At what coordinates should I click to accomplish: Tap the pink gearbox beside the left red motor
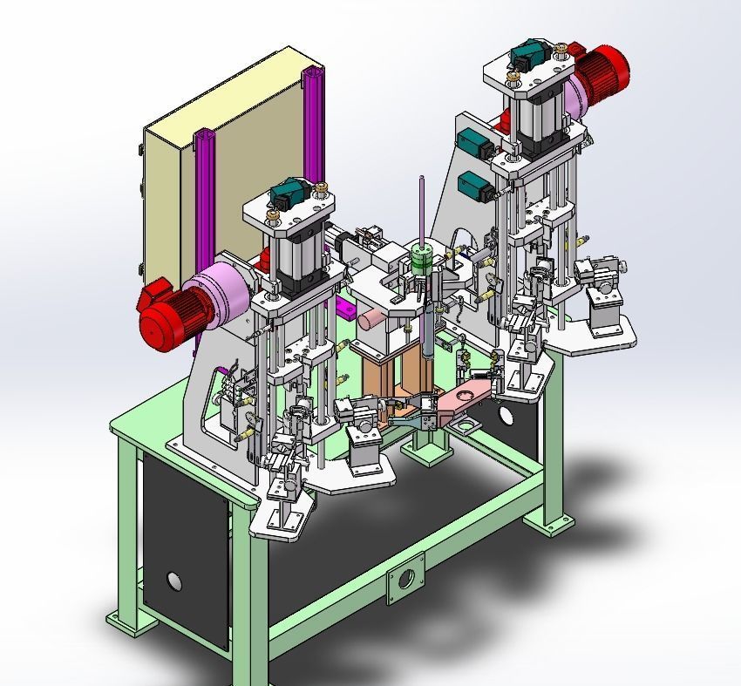(x=221, y=293)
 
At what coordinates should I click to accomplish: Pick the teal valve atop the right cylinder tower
(x=527, y=59)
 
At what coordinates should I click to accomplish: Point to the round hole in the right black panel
(x=506, y=417)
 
